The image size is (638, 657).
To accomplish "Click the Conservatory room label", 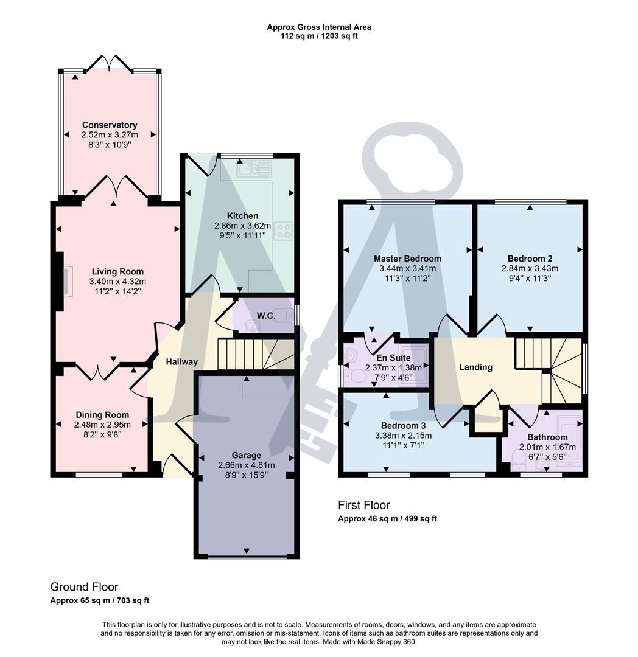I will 110,125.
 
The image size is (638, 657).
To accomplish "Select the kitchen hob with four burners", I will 283,230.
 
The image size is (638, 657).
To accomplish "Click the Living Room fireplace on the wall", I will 63,282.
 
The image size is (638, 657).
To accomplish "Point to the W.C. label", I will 265,316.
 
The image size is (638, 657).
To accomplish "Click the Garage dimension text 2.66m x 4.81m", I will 246,465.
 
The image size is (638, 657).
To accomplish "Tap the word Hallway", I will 181,362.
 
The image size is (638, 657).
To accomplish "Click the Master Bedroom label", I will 407,259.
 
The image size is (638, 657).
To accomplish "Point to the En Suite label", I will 393,358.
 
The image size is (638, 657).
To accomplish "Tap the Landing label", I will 475,367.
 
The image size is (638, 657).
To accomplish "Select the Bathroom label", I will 547,437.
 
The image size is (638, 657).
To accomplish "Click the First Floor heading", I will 363,505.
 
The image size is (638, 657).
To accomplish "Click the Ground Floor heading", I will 84,587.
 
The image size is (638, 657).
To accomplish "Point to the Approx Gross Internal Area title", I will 318,27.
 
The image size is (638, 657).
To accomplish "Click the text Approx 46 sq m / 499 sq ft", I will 387,519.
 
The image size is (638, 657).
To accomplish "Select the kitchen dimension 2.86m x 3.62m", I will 242,226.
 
